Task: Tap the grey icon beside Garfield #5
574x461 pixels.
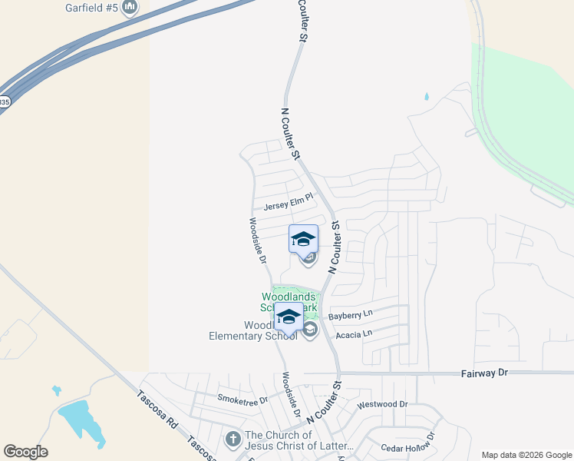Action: click(130, 8)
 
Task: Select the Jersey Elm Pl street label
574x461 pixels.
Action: click(289, 204)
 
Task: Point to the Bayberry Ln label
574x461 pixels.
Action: click(349, 315)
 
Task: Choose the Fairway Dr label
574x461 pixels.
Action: click(485, 372)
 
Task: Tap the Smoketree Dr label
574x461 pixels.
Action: click(242, 400)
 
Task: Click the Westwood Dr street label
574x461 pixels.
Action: click(381, 403)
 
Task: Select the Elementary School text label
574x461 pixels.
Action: click(252, 335)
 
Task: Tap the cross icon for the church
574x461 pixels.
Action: click(233, 439)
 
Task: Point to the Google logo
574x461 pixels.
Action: click(25, 452)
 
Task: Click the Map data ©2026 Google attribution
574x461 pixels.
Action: click(526, 455)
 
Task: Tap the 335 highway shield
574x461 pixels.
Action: click(4, 101)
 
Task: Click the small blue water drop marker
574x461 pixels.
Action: click(427, 97)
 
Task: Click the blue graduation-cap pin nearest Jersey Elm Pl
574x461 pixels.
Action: click(303, 238)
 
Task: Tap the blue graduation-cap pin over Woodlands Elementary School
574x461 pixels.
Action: click(289, 317)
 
